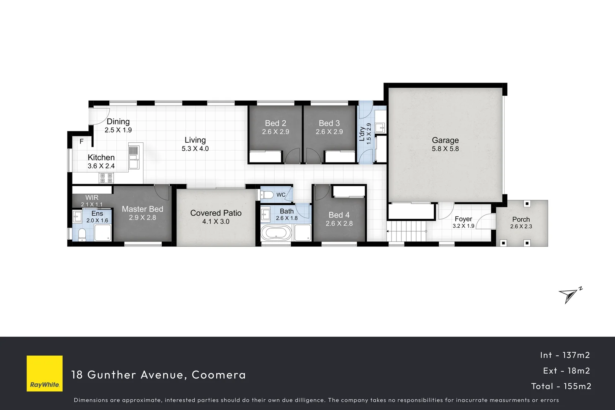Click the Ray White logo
click(x=44, y=373)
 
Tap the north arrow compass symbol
click(x=569, y=295)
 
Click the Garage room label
click(x=445, y=140)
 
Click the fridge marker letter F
click(x=82, y=142)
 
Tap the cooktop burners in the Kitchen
click(x=106, y=177)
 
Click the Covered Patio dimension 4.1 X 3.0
click(x=215, y=222)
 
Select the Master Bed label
click(x=142, y=209)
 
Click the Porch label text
click(x=521, y=219)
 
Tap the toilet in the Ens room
click(x=82, y=234)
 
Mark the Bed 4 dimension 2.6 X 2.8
click(x=339, y=224)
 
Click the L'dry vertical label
click(x=362, y=134)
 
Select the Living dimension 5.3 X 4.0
click(x=195, y=149)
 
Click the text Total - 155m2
click(x=561, y=386)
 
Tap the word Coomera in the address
click(x=219, y=375)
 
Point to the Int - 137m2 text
click(x=565, y=355)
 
